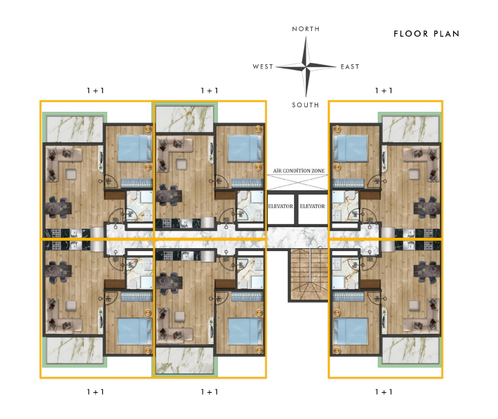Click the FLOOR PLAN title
pos(427,34)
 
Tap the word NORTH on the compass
pos(306,29)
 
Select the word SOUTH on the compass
pos(306,105)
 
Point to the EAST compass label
pos(350,66)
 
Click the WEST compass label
pos(263,66)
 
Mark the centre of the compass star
pos(306,66)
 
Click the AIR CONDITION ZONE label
pos(299,171)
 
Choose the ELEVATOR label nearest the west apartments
pos(280,206)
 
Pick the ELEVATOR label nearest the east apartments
pos(313,206)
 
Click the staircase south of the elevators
pos(308,275)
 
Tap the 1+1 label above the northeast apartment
pos(384,91)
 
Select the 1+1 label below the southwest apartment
pos(95,392)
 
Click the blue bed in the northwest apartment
pos(135,148)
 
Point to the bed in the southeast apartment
pos(350,331)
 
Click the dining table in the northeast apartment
pos(427,208)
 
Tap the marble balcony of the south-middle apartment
pos(185,360)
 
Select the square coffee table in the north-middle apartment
pos(181,164)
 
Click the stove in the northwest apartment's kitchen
pos(56,233)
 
